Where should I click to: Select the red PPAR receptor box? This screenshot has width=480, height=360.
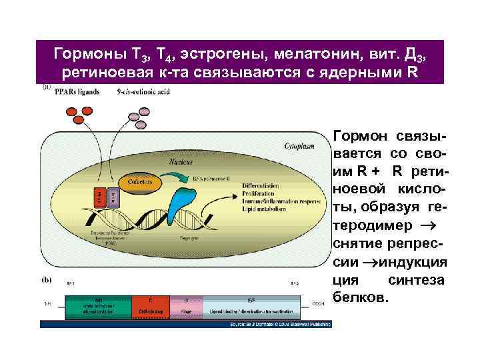tap(99, 197)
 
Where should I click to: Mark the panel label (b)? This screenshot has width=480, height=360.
tap(48, 275)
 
